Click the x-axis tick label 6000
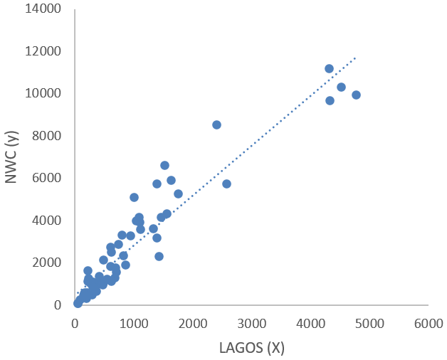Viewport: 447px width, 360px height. coord(427,322)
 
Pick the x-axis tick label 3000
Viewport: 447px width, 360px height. coord(251,322)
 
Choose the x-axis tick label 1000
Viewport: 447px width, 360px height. coord(134,322)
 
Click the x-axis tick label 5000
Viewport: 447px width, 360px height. coord(368,322)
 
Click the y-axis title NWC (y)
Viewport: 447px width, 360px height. coord(12,157)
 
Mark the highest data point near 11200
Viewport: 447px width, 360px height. coord(329,68)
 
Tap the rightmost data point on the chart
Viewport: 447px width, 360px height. coord(356,95)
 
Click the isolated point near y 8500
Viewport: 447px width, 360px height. coord(216,125)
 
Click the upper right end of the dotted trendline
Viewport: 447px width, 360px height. coord(354,58)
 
